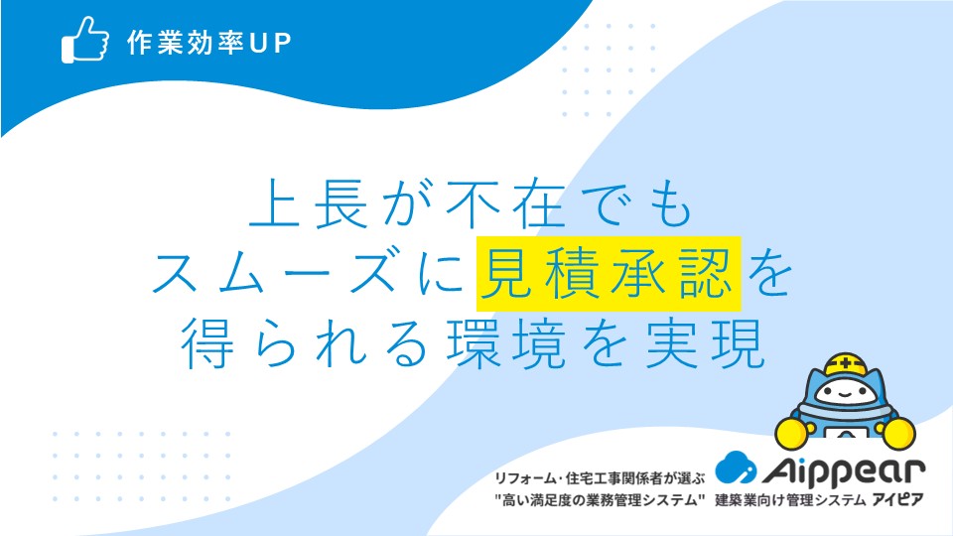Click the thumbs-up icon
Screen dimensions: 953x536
[x=85, y=40]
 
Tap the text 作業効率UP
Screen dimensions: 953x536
[x=209, y=43]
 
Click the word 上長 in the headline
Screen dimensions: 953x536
[x=310, y=202]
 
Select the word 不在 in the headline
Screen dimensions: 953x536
[x=505, y=202]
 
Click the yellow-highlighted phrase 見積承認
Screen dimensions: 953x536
[x=609, y=274]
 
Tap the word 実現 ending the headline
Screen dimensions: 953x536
[x=705, y=342]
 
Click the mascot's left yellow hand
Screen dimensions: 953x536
[x=791, y=432]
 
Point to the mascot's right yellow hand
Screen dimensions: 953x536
[x=899, y=434]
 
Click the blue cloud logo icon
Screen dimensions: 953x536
[x=736, y=468]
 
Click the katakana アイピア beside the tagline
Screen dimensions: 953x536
[x=897, y=499]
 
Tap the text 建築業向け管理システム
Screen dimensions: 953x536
[x=789, y=500]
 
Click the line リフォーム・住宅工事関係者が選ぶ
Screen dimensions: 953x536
[x=600, y=478]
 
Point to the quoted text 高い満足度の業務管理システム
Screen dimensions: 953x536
[x=600, y=500]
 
